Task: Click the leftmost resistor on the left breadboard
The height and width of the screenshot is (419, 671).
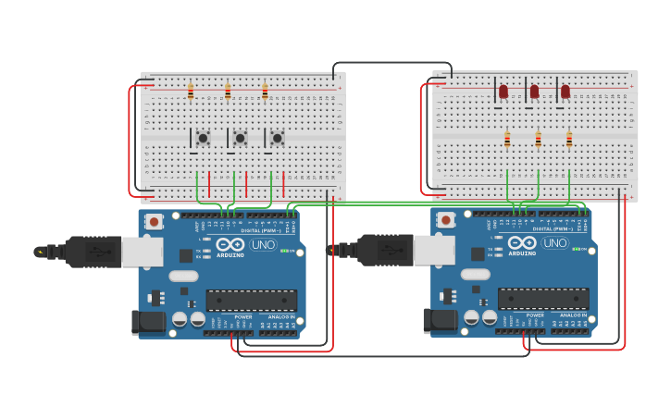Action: [x=191, y=92]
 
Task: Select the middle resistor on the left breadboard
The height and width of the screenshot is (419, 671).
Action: [x=228, y=92]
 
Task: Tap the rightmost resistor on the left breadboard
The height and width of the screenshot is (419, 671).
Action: [x=265, y=92]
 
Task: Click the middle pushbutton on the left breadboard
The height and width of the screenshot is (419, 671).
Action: [x=240, y=138]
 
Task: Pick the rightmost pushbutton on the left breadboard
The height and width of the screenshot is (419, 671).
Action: [x=277, y=138]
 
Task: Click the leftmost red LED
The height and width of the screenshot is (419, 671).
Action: [x=503, y=92]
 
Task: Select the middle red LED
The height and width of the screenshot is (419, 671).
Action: [x=534, y=92]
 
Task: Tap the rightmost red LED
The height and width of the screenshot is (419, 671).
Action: [x=565, y=92]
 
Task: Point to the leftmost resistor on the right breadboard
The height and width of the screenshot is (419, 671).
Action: [x=507, y=140]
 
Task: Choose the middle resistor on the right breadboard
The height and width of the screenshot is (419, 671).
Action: [x=538, y=140]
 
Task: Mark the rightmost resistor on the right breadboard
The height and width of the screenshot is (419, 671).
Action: [x=569, y=140]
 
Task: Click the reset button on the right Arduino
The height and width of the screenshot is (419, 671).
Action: [x=447, y=220]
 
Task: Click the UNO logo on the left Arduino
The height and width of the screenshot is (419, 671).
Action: [x=263, y=243]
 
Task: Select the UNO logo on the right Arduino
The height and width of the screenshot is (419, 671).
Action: [x=554, y=243]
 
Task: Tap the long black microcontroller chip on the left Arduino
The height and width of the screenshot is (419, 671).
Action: [x=251, y=300]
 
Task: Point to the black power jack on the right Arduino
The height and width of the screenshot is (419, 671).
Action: [x=440, y=321]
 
